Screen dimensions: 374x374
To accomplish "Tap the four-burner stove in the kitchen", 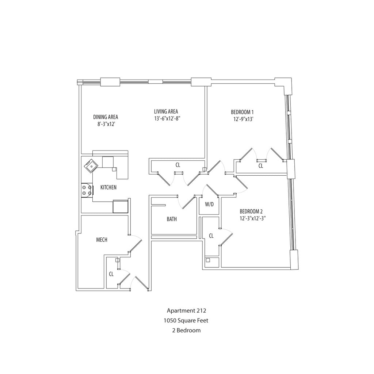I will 87,190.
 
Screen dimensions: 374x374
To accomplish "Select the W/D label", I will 209,205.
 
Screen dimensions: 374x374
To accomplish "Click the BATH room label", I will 172,219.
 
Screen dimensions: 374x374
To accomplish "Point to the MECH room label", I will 102,240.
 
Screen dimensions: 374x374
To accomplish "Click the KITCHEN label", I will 108,188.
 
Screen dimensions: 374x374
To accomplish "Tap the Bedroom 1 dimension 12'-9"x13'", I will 242,119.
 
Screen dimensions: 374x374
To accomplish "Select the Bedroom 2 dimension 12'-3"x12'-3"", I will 252,218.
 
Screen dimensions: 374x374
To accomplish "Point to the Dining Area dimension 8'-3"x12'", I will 106,124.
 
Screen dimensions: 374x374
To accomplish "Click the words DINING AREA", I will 106,117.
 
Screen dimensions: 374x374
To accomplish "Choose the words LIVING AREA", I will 166,111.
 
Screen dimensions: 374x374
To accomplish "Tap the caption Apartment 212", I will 186,311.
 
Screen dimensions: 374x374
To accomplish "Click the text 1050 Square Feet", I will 186,321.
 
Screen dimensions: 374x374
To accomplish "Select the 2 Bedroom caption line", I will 186,331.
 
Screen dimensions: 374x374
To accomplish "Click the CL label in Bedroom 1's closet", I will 261,166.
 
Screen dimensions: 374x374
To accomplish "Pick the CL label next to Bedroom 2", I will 211,236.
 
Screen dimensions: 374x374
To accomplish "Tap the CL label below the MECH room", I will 111,274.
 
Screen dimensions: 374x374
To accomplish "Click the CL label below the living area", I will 178,165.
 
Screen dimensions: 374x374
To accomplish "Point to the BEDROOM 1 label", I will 242,112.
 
